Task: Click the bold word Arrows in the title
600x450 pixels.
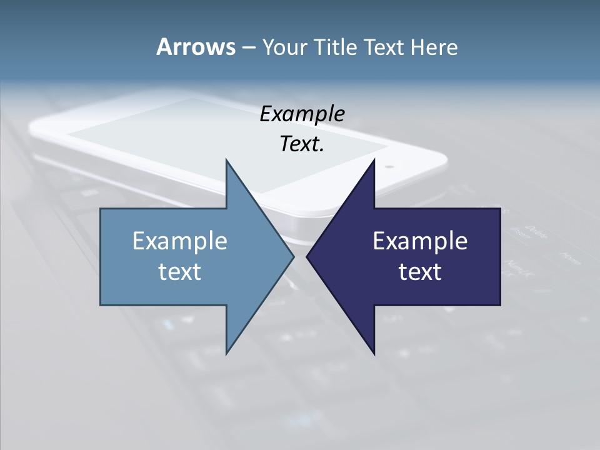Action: [x=195, y=47]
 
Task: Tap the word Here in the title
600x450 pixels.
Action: [x=434, y=47]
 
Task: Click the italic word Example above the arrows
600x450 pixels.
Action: [x=302, y=114]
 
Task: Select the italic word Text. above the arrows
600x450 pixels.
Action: [x=302, y=144]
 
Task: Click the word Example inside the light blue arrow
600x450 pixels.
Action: [x=179, y=241]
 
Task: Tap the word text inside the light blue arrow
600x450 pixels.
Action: [x=179, y=272]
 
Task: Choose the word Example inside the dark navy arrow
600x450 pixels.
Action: [x=420, y=241]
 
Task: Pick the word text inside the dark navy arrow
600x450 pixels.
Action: [x=420, y=272]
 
